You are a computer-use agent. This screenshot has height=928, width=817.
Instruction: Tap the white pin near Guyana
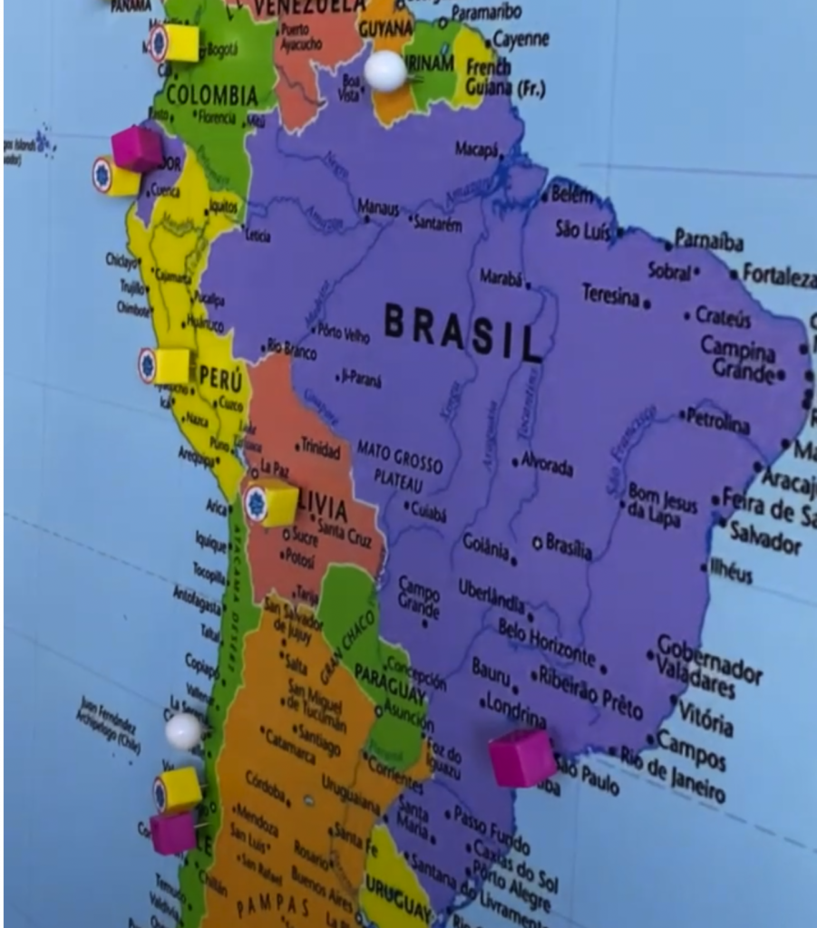click(x=385, y=70)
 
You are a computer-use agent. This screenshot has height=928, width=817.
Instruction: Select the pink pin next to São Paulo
click(x=522, y=757)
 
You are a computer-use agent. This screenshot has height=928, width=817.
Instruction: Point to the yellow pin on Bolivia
click(x=272, y=503)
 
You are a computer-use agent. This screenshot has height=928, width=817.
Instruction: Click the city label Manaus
click(x=378, y=208)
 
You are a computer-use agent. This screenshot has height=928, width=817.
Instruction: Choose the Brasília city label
click(x=569, y=546)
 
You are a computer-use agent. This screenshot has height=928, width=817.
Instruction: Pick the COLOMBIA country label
click(x=212, y=95)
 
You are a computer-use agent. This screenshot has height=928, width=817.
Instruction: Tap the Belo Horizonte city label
click(x=546, y=641)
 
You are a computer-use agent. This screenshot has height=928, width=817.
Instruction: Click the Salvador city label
click(x=765, y=537)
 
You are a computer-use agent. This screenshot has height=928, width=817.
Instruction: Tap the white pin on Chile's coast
click(x=183, y=730)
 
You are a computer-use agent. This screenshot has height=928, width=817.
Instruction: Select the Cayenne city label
click(x=521, y=40)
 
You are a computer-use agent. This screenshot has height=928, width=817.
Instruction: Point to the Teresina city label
click(x=610, y=295)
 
